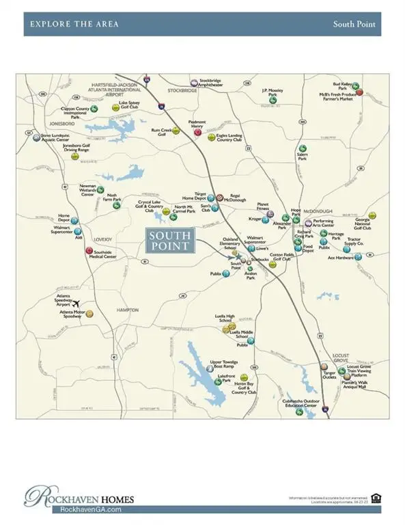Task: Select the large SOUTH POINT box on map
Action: pyautogui.click(x=171, y=240)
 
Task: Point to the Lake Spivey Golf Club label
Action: pyautogui.click(x=129, y=105)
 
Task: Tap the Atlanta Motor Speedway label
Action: pyautogui.click(x=71, y=314)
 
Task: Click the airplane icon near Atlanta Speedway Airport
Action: pyautogui.click(x=76, y=303)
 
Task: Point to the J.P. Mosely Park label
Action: pyautogui.click(x=273, y=92)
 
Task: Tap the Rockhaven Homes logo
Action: pyautogui.click(x=81, y=497)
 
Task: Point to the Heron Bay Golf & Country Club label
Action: pyautogui.click(x=245, y=388)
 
